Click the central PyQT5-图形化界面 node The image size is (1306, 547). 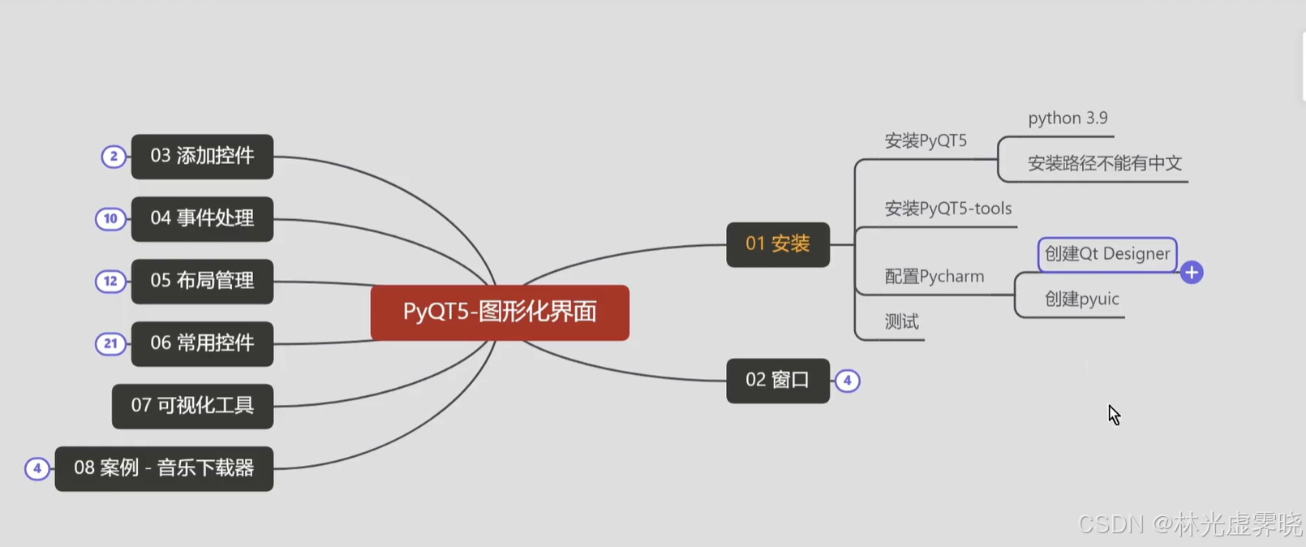click(x=500, y=312)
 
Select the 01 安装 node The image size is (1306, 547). click(x=777, y=244)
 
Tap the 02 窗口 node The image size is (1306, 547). click(x=777, y=381)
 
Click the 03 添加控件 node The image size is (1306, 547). click(x=202, y=157)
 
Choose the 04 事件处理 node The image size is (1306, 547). click(x=202, y=219)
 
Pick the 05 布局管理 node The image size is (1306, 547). click(x=202, y=282)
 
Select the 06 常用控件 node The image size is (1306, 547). click(x=202, y=344)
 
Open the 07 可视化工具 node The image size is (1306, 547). click(x=192, y=407)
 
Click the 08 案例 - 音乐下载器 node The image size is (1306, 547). click(x=164, y=469)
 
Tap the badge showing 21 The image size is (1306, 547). click(x=110, y=344)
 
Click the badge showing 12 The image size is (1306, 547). click(x=110, y=282)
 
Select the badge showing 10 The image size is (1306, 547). click(x=110, y=219)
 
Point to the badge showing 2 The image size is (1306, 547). click(x=114, y=157)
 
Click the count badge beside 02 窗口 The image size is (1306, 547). click(x=847, y=381)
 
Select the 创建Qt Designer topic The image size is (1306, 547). click(x=1106, y=255)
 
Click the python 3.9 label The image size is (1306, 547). click(x=1068, y=118)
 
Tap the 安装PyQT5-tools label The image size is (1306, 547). click(x=947, y=209)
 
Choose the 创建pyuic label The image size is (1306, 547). click(x=1081, y=299)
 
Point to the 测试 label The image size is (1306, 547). click(x=901, y=322)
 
